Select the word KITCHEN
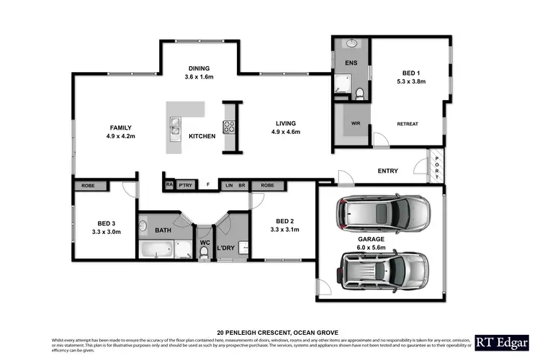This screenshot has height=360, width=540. (x=202, y=136)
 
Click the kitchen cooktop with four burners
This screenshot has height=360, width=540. (x=230, y=127)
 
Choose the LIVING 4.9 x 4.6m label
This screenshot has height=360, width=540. (x=285, y=127)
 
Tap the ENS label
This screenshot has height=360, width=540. (x=351, y=63)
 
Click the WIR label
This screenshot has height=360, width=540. (x=356, y=124)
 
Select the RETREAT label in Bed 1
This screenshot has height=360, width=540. (x=407, y=124)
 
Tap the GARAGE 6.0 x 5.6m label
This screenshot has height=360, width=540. (x=372, y=243)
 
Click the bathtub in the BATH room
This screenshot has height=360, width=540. (x=156, y=250)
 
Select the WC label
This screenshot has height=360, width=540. (x=204, y=243)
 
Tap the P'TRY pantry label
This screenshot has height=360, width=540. (x=186, y=185)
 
